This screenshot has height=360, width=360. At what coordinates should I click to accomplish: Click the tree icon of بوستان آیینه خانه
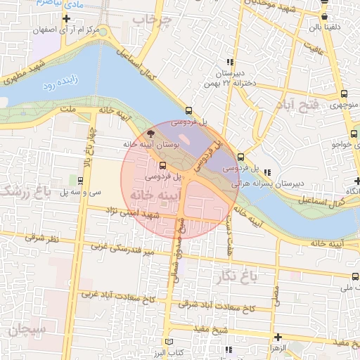pos(150,134)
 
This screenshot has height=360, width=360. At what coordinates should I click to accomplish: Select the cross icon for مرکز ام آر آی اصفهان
pos(66,18)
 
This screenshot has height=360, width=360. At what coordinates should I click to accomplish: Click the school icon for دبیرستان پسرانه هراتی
pos(267,172)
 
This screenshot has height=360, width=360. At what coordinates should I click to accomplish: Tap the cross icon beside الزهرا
pos(278,337)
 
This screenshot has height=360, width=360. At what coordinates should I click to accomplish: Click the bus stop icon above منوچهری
pos(343,94)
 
